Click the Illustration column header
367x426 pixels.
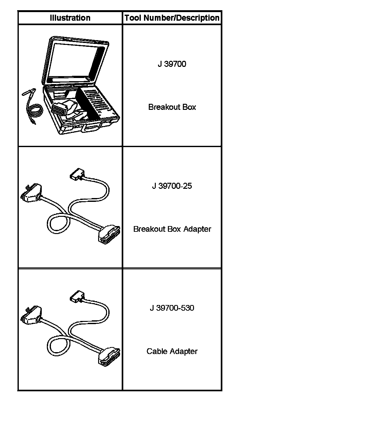[70, 18]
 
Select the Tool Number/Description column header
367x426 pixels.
[172, 18]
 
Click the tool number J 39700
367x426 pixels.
[172, 64]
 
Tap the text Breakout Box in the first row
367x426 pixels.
[172, 107]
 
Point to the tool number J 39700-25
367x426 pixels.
[172, 186]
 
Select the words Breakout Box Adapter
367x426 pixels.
[172, 229]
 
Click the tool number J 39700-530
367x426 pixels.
[172, 308]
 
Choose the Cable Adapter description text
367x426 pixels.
[172, 351]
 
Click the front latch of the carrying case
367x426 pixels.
[91, 128]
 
